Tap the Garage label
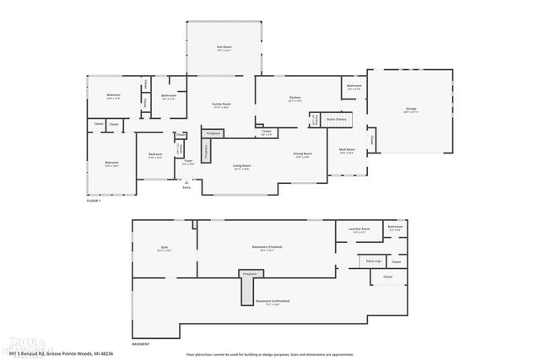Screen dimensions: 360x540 [x=411, y=110]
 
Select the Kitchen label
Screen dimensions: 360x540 [x=294, y=99]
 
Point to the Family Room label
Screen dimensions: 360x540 [x=221, y=105]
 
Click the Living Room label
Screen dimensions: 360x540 [x=242, y=167]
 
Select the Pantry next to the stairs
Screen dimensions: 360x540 [x=316, y=119]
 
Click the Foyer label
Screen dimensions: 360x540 [x=188, y=161]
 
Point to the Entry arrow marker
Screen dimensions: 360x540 [x=186, y=183]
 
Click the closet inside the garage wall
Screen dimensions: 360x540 [x=370, y=139]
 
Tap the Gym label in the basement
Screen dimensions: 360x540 [x=165, y=248]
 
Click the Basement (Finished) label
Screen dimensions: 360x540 [x=267, y=247]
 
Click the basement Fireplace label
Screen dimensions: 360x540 [x=249, y=275]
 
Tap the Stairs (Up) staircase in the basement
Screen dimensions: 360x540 [x=373, y=261]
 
